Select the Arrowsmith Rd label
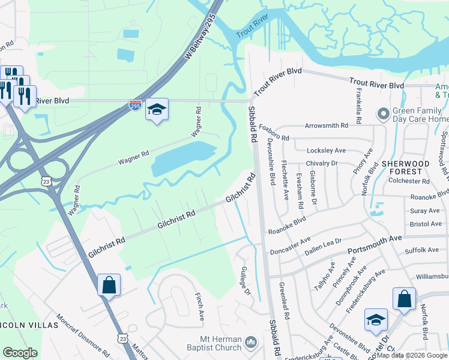click(x=327, y=126)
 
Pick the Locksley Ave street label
click(x=327, y=150)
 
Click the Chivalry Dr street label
click(x=322, y=163)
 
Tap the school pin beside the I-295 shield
click(x=157, y=109)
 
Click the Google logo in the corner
click(x=20, y=353)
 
